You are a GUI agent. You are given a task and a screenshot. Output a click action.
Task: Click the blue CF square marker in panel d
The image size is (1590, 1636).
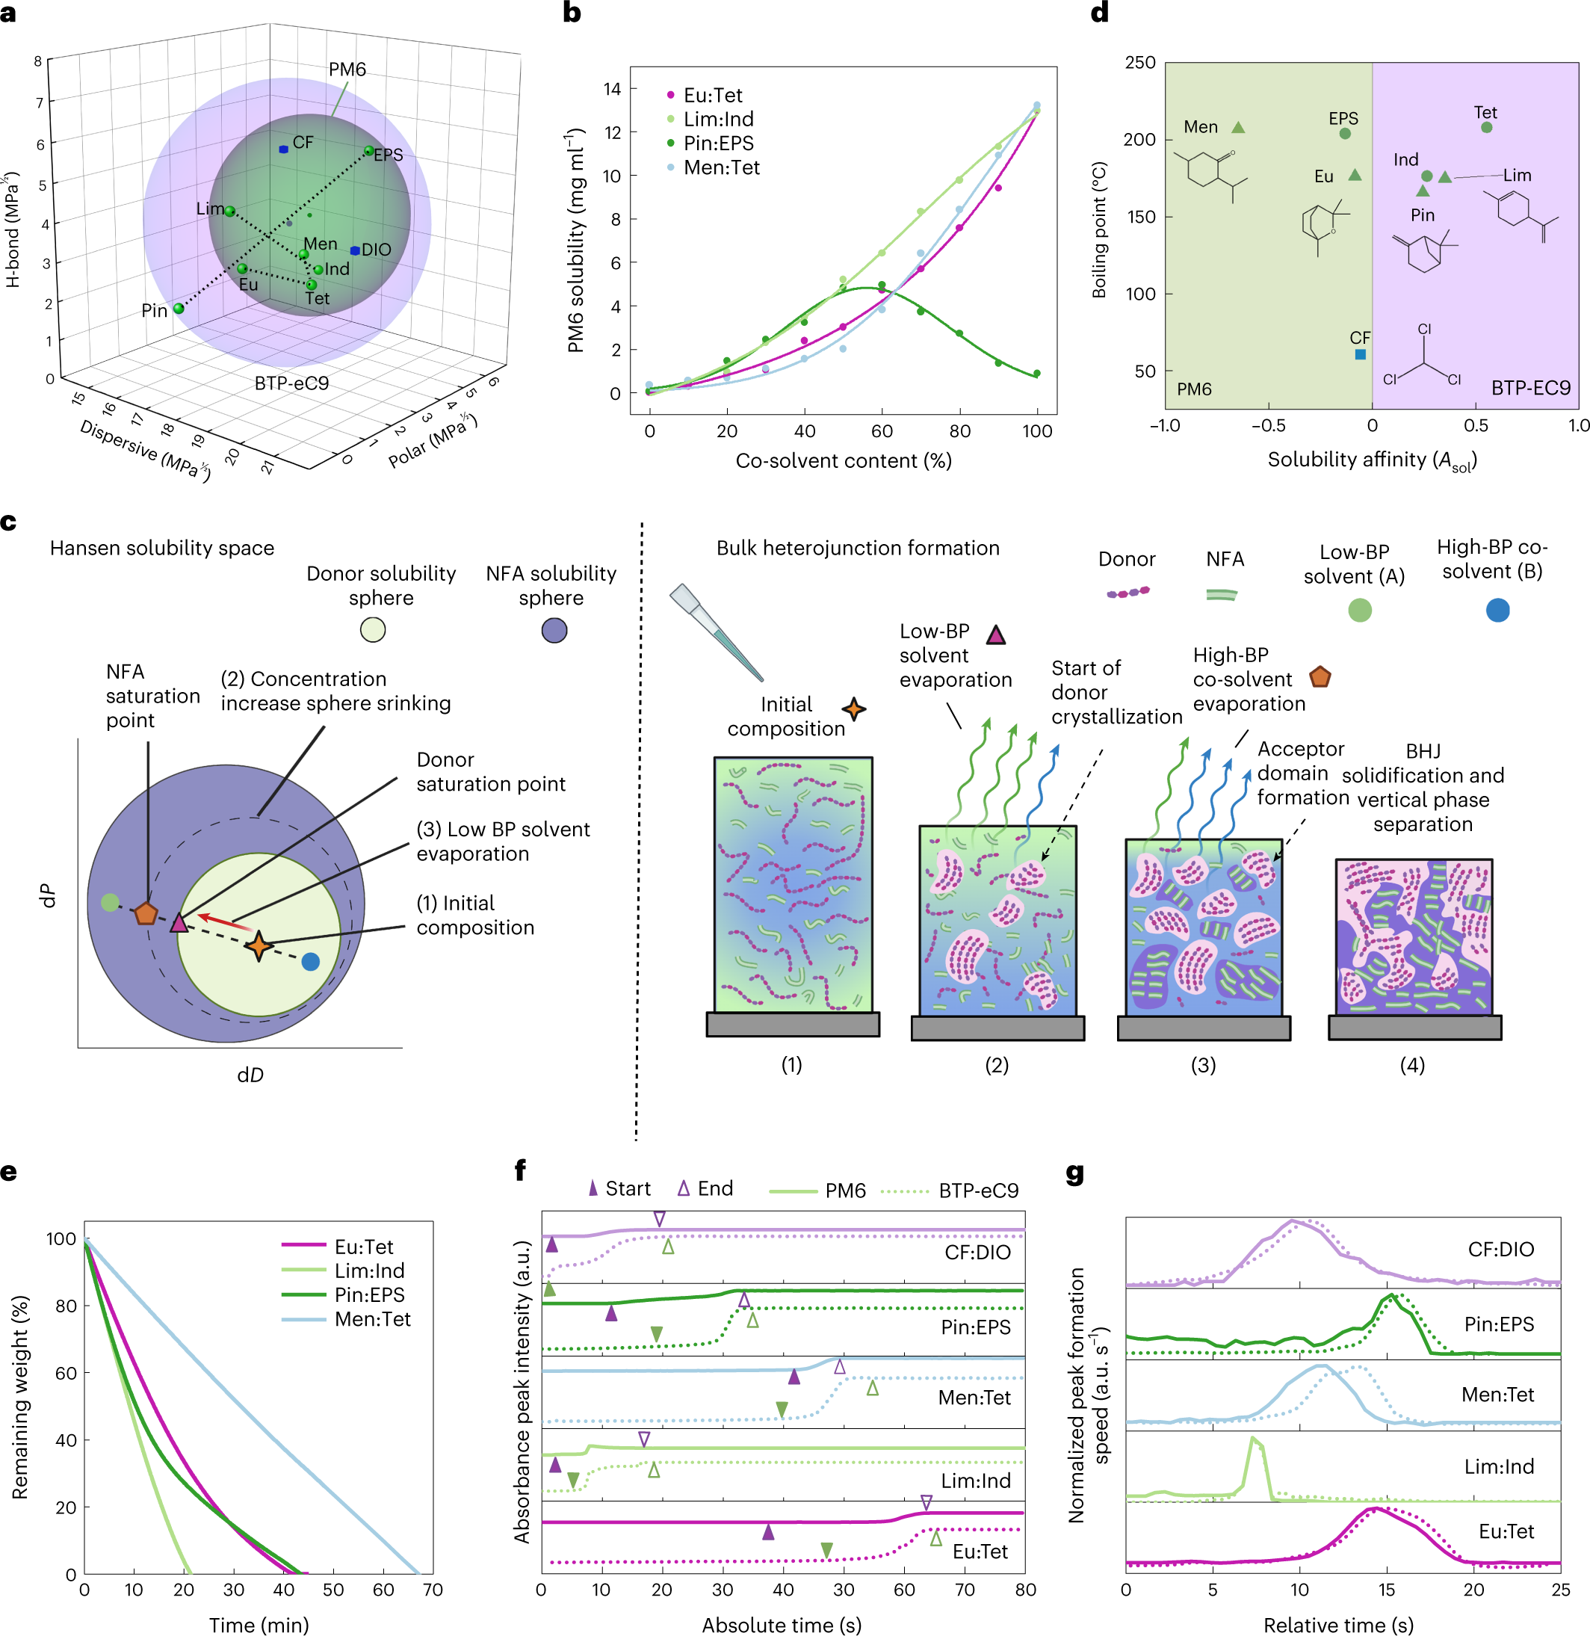click(1361, 354)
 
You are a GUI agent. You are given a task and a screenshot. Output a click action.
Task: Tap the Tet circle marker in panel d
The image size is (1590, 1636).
click(1486, 128)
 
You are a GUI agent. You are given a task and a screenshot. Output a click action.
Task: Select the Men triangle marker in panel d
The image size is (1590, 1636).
click(1238, 128)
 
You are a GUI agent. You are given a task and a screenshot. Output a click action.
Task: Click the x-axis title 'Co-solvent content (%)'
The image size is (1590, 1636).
click(844, 461)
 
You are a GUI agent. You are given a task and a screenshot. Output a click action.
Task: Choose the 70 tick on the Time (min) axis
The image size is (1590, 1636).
click(433, 1589)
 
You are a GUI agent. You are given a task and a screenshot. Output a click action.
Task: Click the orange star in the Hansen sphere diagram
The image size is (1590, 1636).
click(259, 945)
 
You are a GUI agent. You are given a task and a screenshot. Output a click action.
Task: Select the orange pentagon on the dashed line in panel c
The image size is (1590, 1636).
click(146, 913)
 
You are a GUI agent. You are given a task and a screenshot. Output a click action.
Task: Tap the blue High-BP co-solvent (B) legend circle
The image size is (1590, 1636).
click(1497, 611)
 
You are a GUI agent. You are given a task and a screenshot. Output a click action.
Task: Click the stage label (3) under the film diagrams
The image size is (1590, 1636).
click(1202, 1065)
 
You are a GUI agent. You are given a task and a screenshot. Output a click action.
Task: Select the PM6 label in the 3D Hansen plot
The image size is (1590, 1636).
click(347, 70)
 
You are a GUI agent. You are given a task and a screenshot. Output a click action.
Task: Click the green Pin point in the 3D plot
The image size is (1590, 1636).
click(179, 308)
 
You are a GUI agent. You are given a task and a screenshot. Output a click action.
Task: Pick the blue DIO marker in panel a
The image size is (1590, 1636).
click(355, 250)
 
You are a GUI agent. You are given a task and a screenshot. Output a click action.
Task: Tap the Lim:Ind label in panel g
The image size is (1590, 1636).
click(1498, 1466)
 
